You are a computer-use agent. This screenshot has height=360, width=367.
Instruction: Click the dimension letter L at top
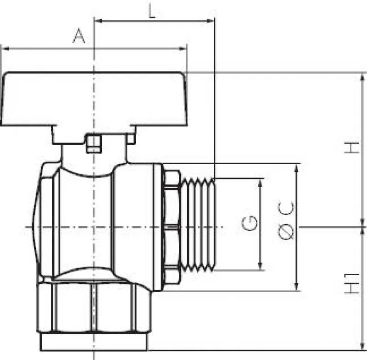tap(152, 11)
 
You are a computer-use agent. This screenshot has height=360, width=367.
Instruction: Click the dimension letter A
tap(78, 36)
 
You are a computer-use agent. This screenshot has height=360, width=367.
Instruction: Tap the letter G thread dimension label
tap(250, 223)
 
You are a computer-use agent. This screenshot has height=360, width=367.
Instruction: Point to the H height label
tap(351, 148)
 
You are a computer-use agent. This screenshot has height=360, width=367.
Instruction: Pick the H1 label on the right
tap(351, 283)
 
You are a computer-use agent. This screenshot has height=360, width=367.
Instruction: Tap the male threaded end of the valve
tap(198, 225)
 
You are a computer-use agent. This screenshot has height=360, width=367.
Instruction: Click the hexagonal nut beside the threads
tap(172, 227)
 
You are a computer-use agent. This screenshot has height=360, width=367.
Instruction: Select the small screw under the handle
tap(94, 144)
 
